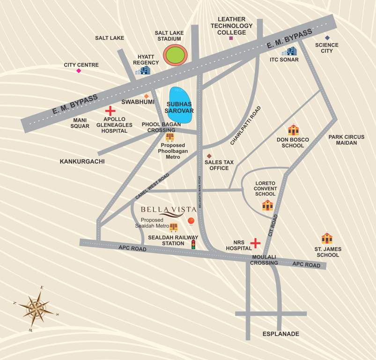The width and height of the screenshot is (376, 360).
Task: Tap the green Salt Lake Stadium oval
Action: tap(176, 55)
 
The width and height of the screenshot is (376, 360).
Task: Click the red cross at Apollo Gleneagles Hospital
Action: tap(110, 111)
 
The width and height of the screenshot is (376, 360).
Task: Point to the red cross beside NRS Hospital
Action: tap(255, 243)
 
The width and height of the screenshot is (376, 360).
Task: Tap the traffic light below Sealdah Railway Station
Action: tap(192, 245)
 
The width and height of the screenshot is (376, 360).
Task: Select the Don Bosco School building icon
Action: tap(293, 130)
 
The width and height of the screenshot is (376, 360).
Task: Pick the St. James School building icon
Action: tap(327, 239)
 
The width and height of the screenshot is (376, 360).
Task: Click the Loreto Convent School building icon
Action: tap(267, 205)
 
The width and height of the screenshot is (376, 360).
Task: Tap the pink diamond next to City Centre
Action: tap(79, 71)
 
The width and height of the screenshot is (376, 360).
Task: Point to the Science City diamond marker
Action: tap(327, 37)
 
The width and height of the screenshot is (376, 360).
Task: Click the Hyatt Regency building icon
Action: tap(143, 70)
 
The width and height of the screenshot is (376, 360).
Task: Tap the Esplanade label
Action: tap(280, 334)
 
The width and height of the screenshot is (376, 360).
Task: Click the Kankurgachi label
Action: tap(82, 161)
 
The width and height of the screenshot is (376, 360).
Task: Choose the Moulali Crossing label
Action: tap(264, 260)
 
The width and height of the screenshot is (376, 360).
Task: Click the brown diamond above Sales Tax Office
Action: tap(209, 156)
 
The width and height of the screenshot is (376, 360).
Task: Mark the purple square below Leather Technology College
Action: tap(231, 38)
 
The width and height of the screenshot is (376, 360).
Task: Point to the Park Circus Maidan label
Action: tap(346, 140)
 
